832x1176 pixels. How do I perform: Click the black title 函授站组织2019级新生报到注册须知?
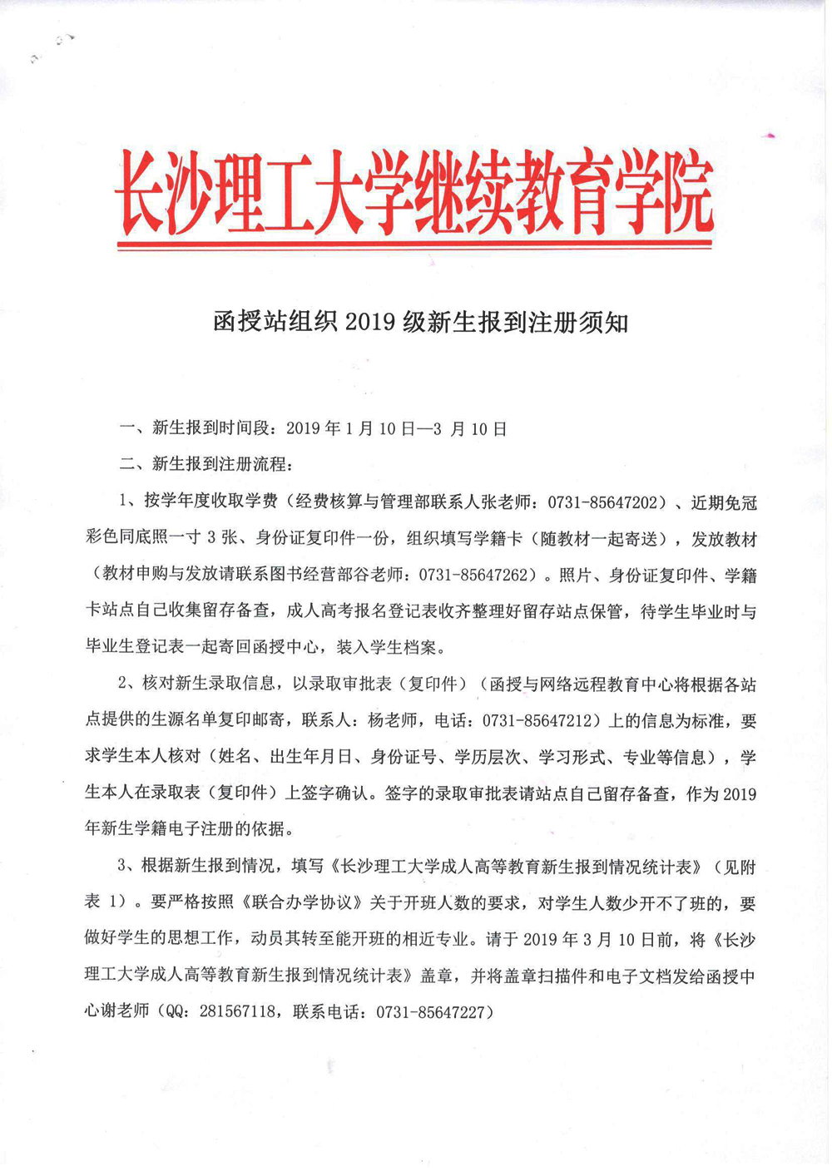tap(420, 322)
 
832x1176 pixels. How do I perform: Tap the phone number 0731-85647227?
tap(435, 1012)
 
